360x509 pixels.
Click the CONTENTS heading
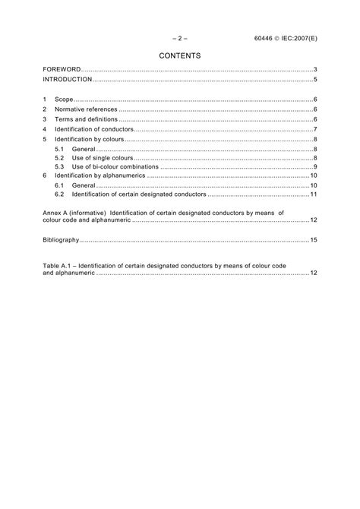tap(179, 55)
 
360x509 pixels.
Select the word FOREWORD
tap(61, 70)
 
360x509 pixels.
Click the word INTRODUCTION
tap(68, 80)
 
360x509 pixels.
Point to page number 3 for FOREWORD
tap(314, 70)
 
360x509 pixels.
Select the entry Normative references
tap(86, 109)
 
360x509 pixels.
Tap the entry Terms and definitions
tap(86, 119)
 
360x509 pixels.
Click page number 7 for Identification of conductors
tap(314, 129)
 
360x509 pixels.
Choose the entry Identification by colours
tap(91, 139)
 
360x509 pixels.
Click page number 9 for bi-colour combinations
tap(314, 166)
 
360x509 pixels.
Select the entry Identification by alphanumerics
tap(99, 175)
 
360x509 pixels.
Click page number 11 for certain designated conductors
tap(313, 194)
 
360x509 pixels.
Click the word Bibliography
tap(61, 239)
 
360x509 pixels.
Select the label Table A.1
tap(58, 266)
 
